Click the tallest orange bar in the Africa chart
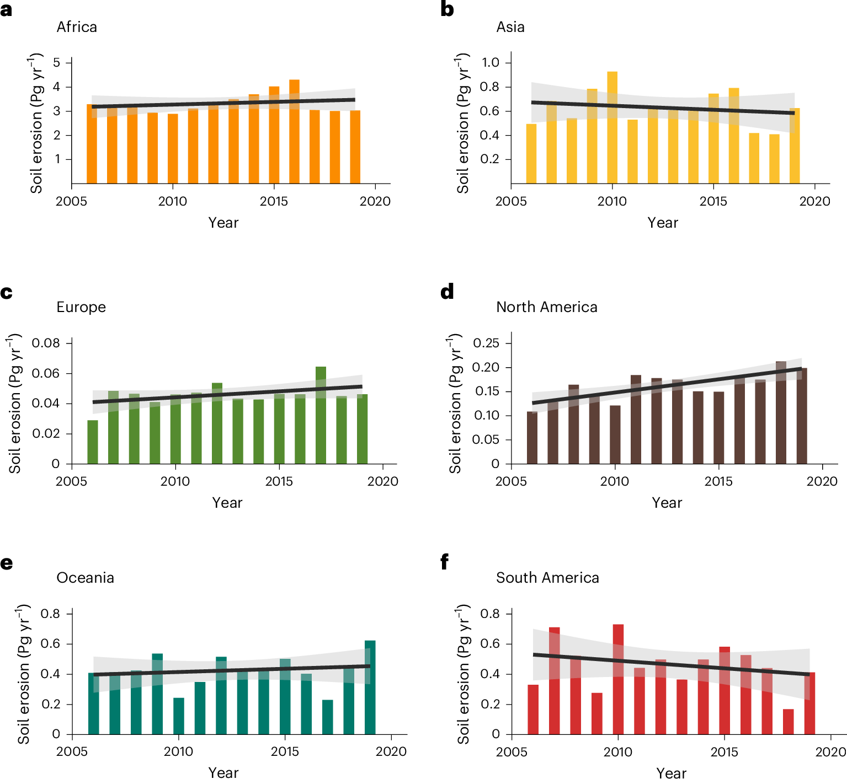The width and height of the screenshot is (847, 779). [x=294, y=132]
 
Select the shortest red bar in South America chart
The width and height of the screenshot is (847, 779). [x=788, y=722]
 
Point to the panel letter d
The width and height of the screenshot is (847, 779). [x=447, y=292]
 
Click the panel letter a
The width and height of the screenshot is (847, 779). [x=7, y=10]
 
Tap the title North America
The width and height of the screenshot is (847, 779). [x=546, y=307]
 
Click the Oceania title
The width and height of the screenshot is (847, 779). [x=85, y=578]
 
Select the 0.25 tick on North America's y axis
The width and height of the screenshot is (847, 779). [x=486, y=343]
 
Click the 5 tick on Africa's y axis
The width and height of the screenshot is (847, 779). [x=57, y=62]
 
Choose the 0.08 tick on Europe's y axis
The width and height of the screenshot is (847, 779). [x=45, y=343]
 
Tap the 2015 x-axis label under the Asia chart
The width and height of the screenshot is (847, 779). [x=713, y=201]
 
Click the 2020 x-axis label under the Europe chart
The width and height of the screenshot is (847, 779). [x=382, y=481]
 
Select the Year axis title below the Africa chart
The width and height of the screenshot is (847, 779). [x=223, y=223]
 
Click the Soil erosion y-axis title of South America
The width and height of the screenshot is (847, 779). [x=463, y=674]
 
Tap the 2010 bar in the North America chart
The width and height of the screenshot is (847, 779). [x=615, y=435]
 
